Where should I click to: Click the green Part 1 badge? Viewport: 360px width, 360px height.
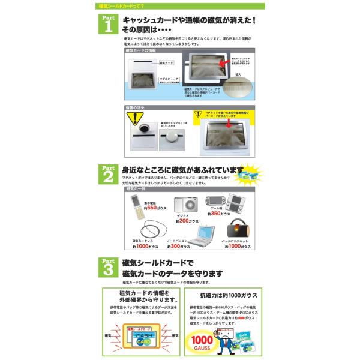pyautogui.click(x=107, y=26)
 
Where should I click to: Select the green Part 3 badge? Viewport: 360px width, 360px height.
pyautogui.click(x=107, y=266)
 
